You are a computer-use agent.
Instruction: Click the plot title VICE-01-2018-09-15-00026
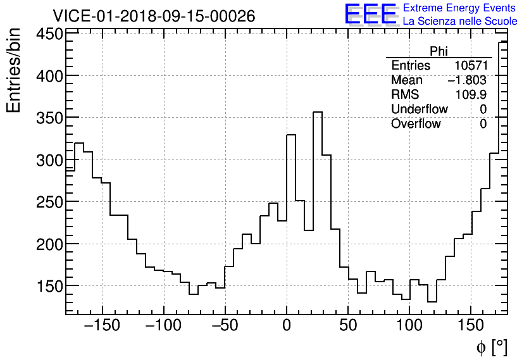pos(154,16)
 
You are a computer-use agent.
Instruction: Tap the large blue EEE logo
pos(371,15)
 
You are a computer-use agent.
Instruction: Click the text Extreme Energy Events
pos(460,8)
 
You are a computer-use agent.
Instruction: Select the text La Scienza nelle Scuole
pos(460,22)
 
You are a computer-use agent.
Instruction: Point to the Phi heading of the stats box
pos(439,52)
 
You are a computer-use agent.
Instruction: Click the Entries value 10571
pos(470,66)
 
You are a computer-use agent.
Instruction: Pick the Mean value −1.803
pos(467,80)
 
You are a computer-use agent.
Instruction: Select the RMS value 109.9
pos(471,95)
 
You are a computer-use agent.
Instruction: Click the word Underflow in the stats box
pos(419,109)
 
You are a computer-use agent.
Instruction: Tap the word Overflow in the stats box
pos(416,124)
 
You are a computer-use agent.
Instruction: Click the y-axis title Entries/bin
pos(14,71)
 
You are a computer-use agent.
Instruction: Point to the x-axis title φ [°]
pos(492,347)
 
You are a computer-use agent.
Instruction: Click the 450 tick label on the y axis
pos(49,34)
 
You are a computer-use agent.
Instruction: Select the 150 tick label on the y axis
pos(49,286)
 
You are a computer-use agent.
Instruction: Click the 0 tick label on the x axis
pos(287,327)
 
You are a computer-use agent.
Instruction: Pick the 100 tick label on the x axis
pos(409,327)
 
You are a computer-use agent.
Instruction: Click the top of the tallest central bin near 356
pos(318,112)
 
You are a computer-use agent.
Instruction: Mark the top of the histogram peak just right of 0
pos(291,135)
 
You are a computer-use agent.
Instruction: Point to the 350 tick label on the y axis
pos(49,118)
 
